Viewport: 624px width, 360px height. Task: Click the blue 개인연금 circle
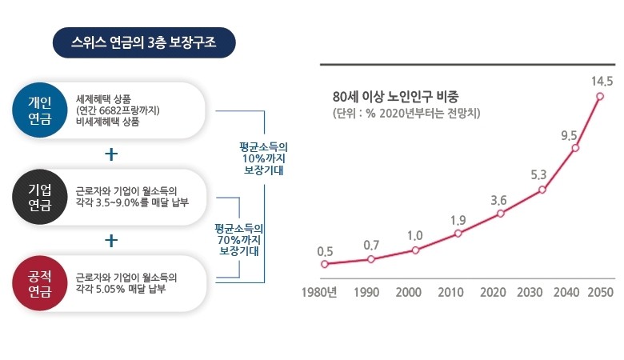click(40, 110)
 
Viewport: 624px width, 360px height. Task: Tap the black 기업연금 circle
click(40, 197)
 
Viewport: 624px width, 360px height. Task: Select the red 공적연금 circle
click(40, 283)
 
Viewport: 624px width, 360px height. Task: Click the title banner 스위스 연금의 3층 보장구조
click(144, 42)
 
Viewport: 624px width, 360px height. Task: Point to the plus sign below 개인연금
click(111, 154)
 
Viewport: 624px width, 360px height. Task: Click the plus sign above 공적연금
click(111, 240)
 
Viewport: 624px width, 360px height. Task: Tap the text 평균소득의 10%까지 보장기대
click(263, 158)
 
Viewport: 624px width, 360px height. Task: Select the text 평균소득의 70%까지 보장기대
click(238, 239)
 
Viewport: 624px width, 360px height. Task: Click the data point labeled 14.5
click(600, 96)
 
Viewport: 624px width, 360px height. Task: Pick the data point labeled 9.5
click(575, 148)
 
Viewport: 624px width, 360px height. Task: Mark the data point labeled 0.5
click(325, 264)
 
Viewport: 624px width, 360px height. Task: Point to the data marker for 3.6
click(501, 214)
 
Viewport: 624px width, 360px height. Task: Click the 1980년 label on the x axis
click(319, 292)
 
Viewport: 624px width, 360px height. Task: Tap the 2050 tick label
click(601, 292)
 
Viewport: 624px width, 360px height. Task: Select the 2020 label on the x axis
click(493, 292)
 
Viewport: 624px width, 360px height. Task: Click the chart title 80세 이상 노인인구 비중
click(395, 96)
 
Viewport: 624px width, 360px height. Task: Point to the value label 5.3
click(538, 174)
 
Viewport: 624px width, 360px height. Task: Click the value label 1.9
click(458, 220)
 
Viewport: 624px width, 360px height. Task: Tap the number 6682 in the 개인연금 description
click(110, 110)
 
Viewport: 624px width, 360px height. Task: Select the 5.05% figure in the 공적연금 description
click(110, 289)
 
